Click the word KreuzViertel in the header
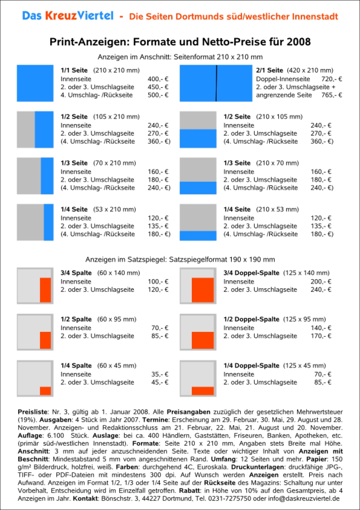pyautogui.click(x=79, y=16)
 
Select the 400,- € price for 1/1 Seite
pyautogui.click(x=158, y=79)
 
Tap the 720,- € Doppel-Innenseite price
pyautogui.click(x=332, y=79)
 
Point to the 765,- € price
pyautogui.click(x=332, y=95)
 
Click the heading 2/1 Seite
pyautogui.click(x=270, y=71)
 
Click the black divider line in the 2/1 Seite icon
pyautogui.click(x=216, y=83)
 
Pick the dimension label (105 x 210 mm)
pyautogui.click(x=116, y=117)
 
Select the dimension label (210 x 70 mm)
pyautogui.click(x=278, y=163)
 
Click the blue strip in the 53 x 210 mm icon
pyautogui.click(x=48, y=222)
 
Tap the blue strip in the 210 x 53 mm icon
pyautogui.click(x=198, y=236)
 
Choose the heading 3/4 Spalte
pyautogui.click(x=76, y=273)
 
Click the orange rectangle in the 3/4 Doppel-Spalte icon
pyautogui.click(x=203, y=290)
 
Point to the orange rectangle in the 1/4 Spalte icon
pyautogui.click(x=45, y=391)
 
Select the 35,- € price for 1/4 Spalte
pyautogui.click(x=160, y=374)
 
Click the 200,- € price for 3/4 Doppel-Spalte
pyautogui.click(x=321, y=282)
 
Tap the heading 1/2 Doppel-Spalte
pyautogui.click(x=251, y=319)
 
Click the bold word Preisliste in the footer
pyautogui.click(x=33, y=412)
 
